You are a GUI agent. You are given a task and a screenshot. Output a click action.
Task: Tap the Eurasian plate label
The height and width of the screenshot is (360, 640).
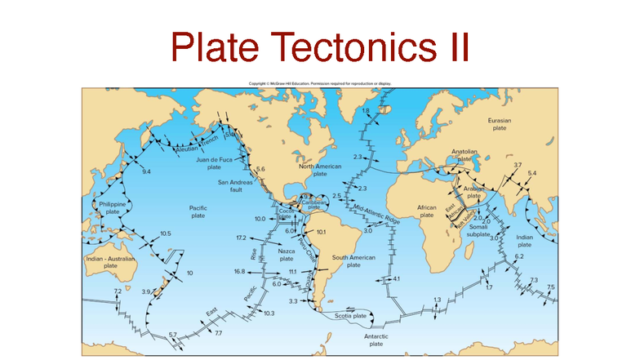coord(499,124)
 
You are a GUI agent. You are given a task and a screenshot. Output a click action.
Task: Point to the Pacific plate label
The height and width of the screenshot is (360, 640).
coord(198,212)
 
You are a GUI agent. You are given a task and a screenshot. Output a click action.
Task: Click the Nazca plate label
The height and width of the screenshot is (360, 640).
coord(287,255)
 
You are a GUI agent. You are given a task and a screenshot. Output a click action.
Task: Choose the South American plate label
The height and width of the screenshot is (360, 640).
coord(353,260)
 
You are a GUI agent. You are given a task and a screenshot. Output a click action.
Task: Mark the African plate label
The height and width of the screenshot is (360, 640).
coord(427,211)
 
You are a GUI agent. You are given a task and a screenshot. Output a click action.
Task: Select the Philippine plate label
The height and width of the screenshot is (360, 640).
coord(109,207)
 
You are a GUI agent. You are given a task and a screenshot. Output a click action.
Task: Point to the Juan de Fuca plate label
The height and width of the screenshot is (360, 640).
coord(214,163)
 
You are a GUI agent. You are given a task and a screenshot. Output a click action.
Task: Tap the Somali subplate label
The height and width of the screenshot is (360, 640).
coord(478,229)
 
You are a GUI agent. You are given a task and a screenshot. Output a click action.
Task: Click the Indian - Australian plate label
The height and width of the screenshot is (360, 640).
coord(110,262)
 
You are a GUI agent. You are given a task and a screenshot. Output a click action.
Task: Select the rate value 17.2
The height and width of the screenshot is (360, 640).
coord(241,238)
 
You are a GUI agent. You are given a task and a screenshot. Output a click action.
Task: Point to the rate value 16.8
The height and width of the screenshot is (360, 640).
coord(239,271)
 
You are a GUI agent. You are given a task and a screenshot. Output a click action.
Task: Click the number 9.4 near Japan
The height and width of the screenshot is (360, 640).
coord(146,172)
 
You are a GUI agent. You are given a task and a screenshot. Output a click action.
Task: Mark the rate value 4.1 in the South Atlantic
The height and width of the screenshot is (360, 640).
coord(396,279)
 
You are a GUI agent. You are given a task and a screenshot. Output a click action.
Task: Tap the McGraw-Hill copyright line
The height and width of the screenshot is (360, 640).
coord(320,83)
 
